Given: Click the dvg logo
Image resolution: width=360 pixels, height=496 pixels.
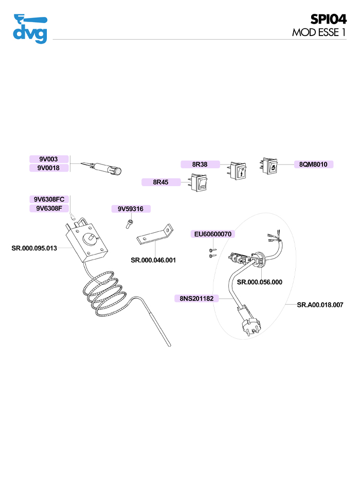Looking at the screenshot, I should [30, 29].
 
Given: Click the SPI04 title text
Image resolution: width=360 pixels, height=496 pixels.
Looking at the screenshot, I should [328, 19].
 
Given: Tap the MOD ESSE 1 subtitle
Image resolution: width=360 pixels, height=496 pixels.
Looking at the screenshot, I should [318, 32].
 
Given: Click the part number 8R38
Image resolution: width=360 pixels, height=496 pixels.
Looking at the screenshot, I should [200, 164].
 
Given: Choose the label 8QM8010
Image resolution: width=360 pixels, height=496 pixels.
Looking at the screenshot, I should [313, 164].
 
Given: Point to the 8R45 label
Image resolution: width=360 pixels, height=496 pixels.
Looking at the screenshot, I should [161, 182].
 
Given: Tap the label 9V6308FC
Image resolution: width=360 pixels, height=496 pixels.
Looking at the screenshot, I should [49, 199].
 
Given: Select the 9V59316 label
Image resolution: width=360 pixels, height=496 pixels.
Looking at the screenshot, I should [131, 209].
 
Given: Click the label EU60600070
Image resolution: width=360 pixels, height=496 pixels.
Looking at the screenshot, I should [213, 234].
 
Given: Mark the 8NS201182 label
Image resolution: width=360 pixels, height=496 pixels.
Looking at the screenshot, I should [197, 298].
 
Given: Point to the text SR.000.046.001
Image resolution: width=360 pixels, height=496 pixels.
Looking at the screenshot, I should [153, 260].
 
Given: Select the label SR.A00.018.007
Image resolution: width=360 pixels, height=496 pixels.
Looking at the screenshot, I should [320, 305].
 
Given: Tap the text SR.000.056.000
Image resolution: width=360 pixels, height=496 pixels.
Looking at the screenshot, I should [259, 282].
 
